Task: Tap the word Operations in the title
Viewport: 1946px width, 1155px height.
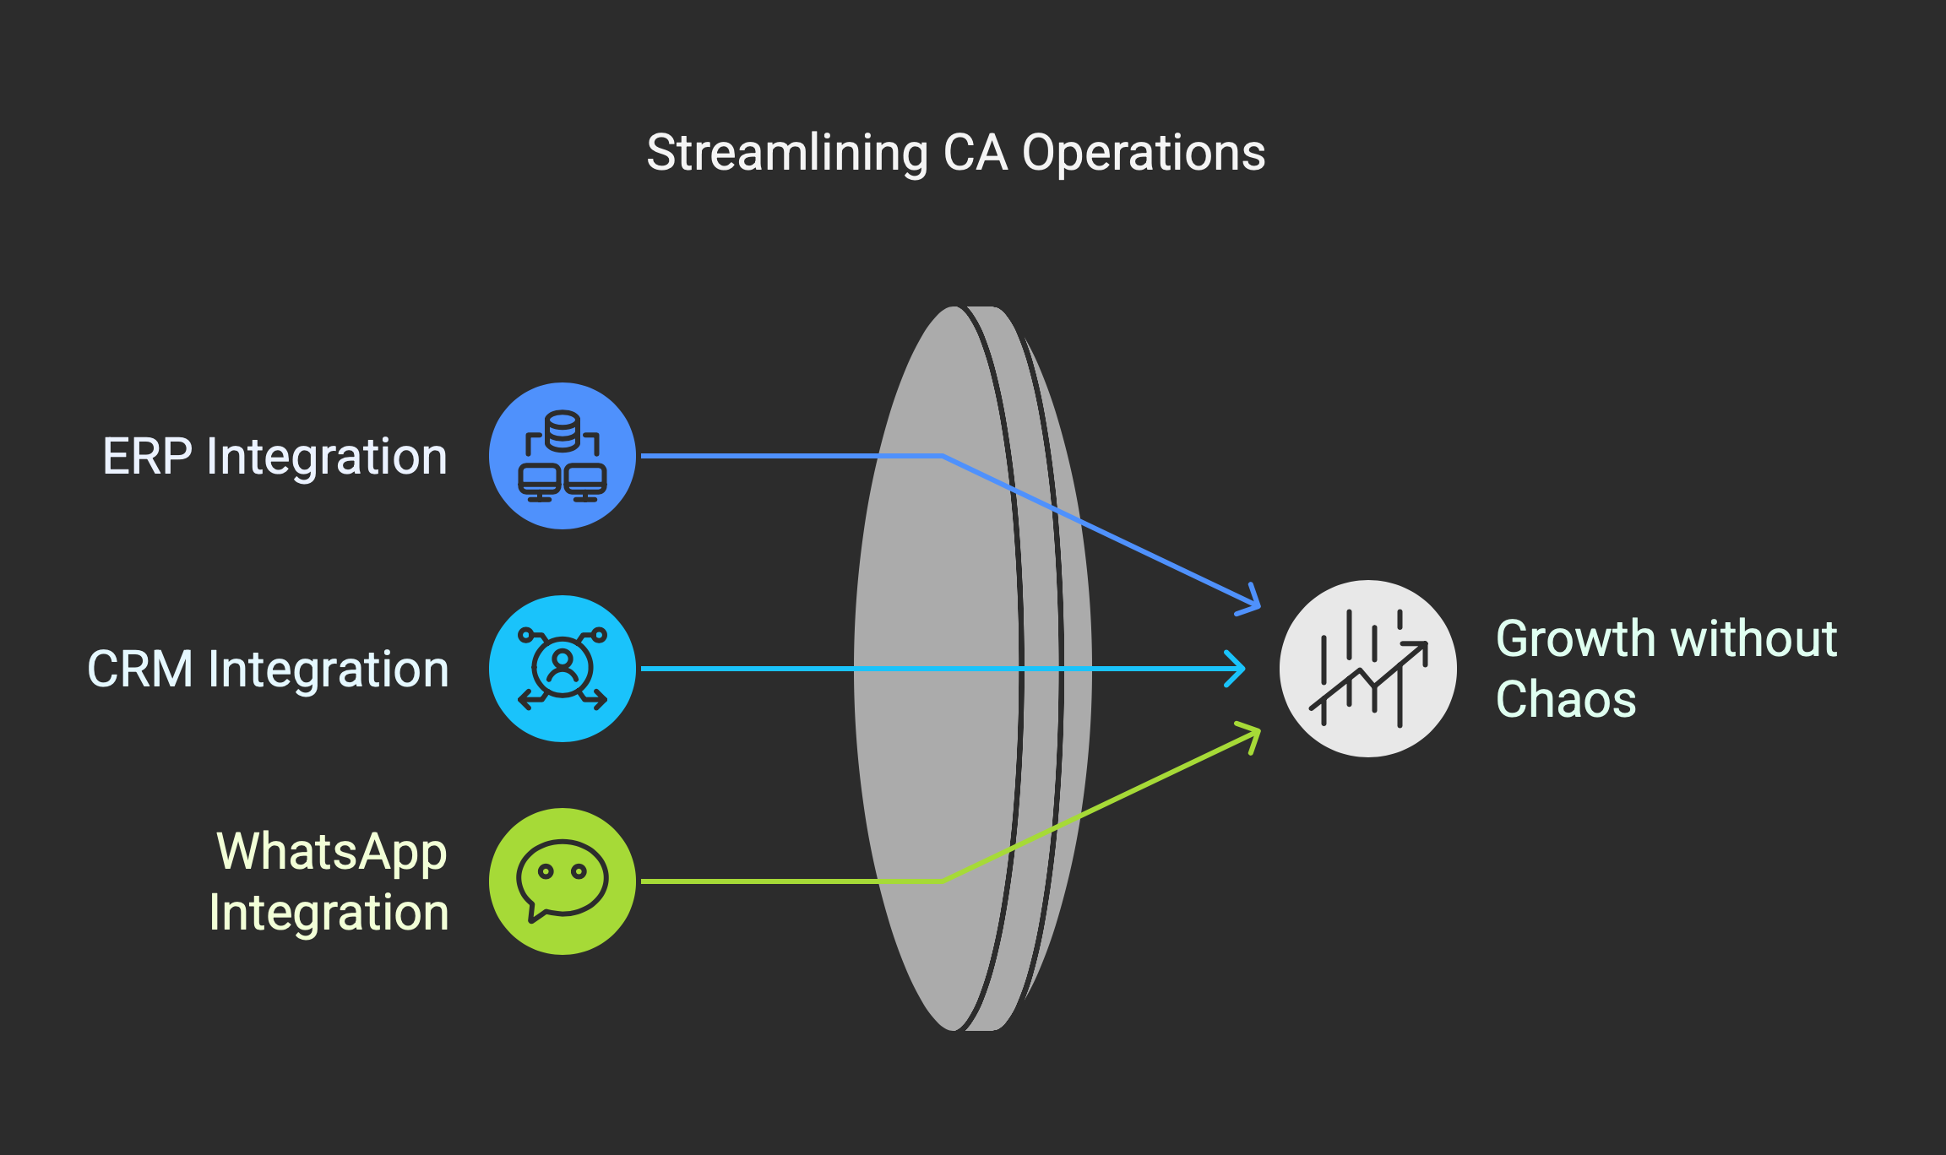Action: [x=1144, y=154]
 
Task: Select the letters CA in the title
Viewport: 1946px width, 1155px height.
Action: [x=975, y=153]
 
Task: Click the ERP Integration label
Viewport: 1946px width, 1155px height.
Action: [x=275, y=457]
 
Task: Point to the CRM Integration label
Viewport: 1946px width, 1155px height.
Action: [x=268, y=670]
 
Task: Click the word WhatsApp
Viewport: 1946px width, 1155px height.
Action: [x=331, y=852]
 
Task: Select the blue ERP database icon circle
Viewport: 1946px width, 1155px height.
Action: [x=563, y=456]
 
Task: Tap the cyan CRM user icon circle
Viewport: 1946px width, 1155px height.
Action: [x=563, y=669]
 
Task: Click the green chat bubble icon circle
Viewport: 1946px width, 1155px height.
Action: [x=563, y=881]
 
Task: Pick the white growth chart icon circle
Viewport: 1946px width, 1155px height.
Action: [x=1367, y=669]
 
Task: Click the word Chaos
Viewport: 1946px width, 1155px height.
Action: [x=1566, y=700]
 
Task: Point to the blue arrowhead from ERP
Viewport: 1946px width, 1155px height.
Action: [x=1251, y=600]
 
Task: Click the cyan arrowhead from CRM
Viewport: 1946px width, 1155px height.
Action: [x=1236, y=669]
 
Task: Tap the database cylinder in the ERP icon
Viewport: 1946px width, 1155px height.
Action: [x=563, y=431]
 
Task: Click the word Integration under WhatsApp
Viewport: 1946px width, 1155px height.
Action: [x=329, y=913]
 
